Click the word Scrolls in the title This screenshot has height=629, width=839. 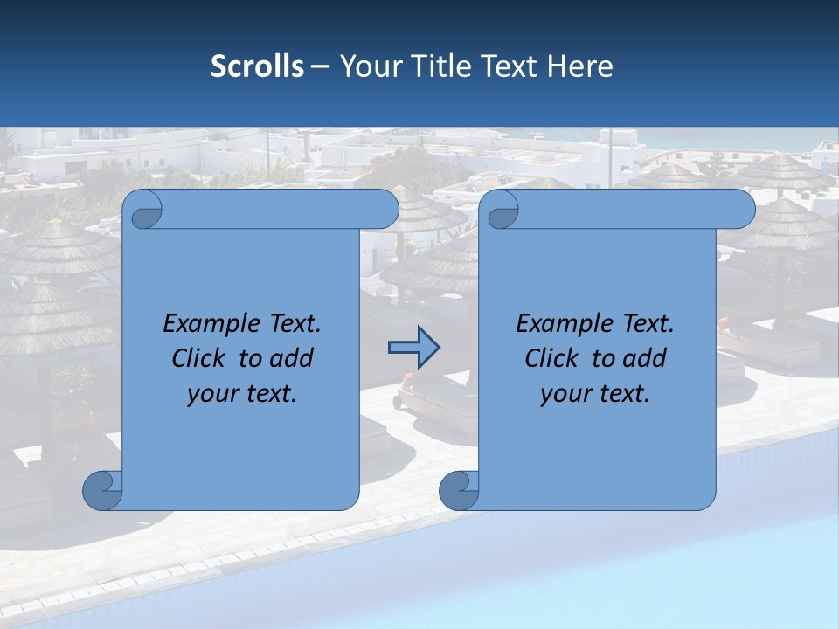point(257,66)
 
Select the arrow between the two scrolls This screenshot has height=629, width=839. point(413,348)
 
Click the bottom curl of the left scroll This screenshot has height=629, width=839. point(103,490)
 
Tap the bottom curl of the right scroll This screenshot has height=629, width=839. point(459,490)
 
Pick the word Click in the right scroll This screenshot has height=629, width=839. point(551,358)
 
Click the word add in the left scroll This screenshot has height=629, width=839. point(291,358)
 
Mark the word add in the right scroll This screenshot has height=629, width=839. point(644,358)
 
